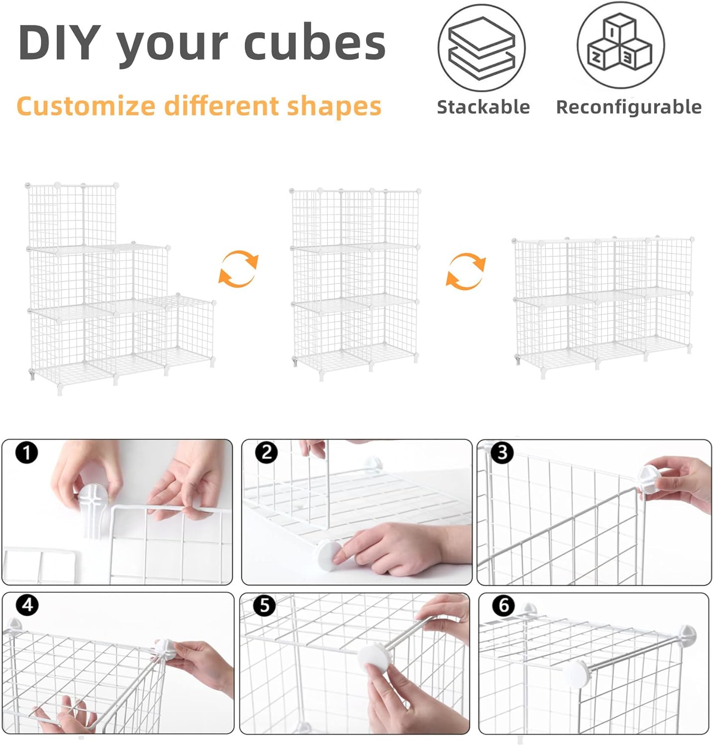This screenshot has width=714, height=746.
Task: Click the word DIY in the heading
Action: (x=60, y=43)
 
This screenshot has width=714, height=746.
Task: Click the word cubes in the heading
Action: (x=314, y=43)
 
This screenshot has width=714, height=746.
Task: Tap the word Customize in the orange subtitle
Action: (x=86, y=106)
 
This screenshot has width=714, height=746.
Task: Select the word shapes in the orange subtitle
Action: (x=334, y=106)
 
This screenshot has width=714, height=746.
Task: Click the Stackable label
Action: (x=483, y=107)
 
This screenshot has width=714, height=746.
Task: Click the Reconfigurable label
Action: (x=629, y=107)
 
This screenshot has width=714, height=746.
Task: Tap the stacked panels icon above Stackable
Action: (x=482, y=48)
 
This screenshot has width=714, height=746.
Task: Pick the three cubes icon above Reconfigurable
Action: (x=620, y=46)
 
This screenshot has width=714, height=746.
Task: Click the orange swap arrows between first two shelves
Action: (x=239, y=269)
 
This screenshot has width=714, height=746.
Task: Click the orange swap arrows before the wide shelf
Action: (x=466, y=271)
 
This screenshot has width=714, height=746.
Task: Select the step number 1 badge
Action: (x=26, y=453)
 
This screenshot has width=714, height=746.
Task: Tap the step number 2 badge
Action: (x=267, y=453)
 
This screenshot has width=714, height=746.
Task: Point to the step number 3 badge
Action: (x=502, y=453)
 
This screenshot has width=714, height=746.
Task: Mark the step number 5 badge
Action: (x=264, y=605)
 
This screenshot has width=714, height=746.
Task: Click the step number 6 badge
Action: (x=504, y=605)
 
